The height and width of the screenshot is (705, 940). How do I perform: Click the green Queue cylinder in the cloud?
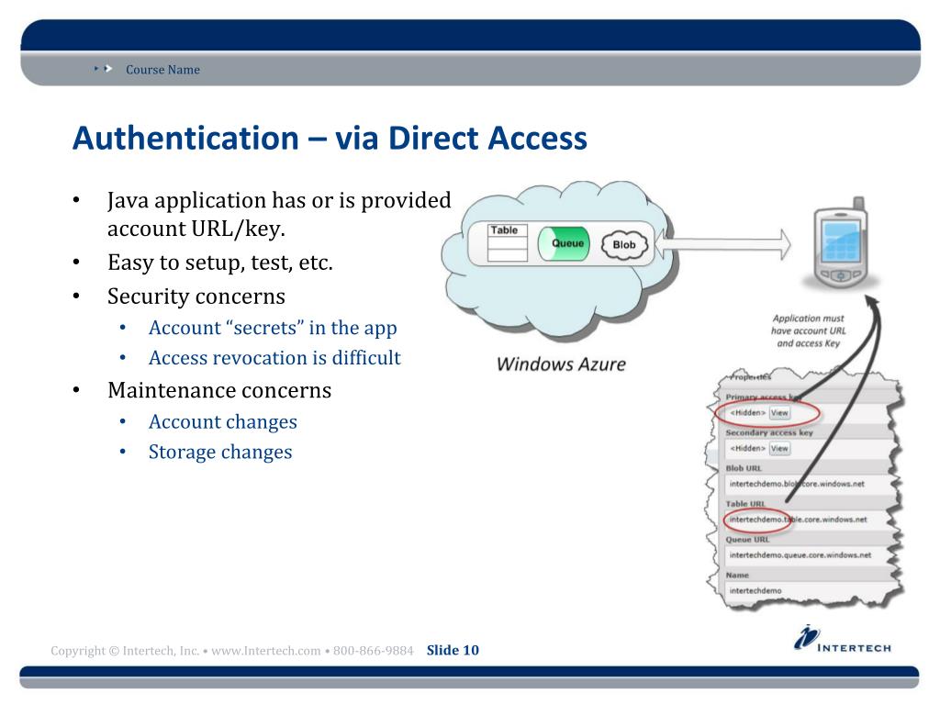(x=567, y=244)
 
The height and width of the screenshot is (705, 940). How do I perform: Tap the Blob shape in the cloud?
(x=624, y=245)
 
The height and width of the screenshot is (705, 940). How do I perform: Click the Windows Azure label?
(x=561, y=364)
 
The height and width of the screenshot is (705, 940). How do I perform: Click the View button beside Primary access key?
(x=779, y=413)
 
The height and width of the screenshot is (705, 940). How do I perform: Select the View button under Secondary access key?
(x=779, y=449)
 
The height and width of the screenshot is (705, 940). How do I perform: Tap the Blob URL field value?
(x=797, y=484)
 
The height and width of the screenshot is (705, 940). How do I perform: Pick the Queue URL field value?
(x=800, y=555)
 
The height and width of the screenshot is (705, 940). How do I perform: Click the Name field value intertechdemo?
(x=755, y=590)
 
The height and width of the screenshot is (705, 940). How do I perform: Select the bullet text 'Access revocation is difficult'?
(x=274, y=358)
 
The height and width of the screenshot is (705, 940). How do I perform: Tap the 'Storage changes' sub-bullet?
(x=220, y=452)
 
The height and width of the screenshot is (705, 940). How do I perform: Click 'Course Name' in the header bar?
(x=162, y=70)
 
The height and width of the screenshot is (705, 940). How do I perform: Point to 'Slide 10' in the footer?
(x=453, y=651)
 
